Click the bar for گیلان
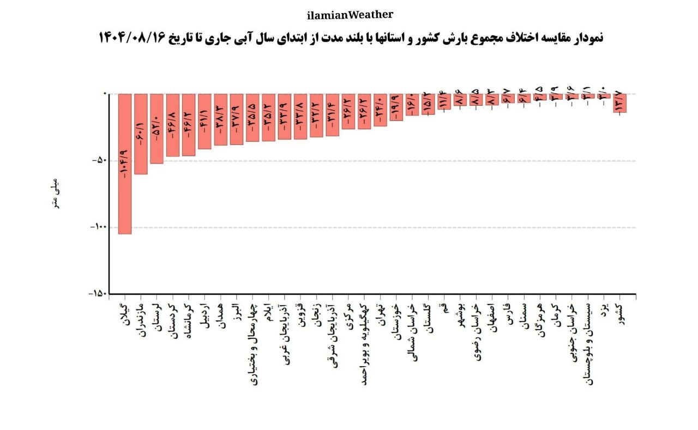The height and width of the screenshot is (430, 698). click(125, 163)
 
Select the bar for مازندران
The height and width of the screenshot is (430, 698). click(141, 134)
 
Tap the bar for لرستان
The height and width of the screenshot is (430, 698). click(157, 129)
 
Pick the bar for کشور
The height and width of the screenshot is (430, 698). click(619, 103)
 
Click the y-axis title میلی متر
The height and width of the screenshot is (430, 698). click(55, 193)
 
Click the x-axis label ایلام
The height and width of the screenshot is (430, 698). click(268, 318)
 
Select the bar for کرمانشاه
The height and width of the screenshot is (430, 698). click(189, 125)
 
